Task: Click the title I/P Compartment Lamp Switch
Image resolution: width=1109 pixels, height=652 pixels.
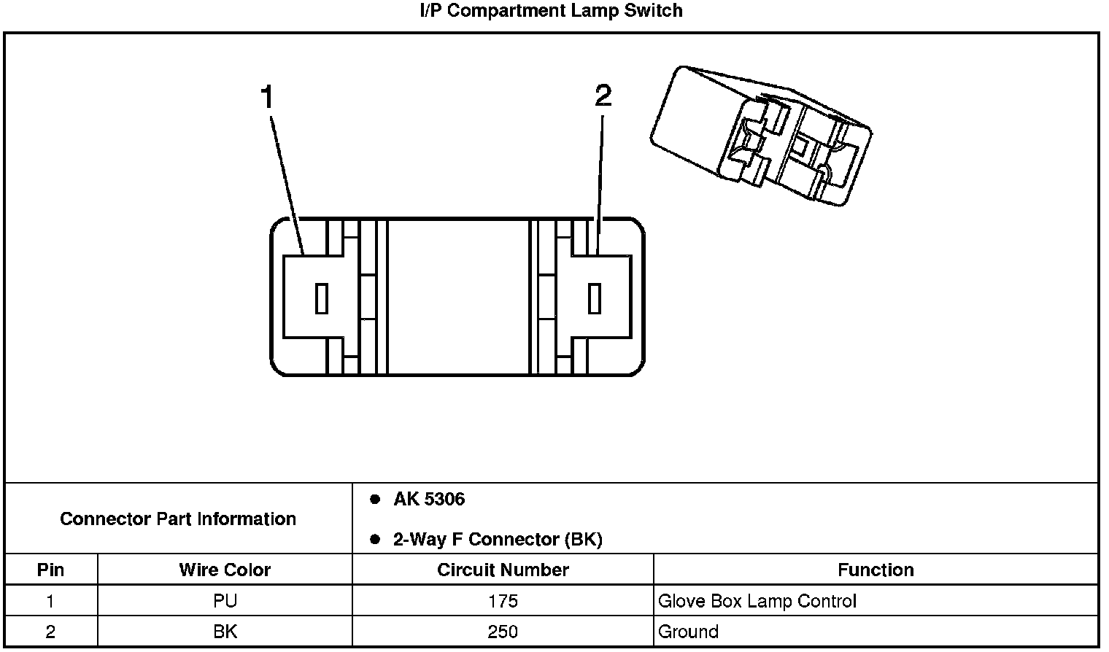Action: pyautogui.click(x=552, y=11)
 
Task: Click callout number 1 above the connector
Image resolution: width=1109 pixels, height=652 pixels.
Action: pyautogui.click(x=268, y=98)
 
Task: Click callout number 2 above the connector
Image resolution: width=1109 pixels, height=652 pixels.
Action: pyautogui.click(x=603, y=96)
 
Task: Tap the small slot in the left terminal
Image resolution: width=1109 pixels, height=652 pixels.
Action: pyautogui.click(x=321, y=299)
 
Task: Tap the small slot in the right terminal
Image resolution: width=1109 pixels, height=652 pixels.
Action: pyautogui.click(x=595, y=299)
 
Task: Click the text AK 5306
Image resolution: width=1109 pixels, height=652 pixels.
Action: pyautogui.click(x=429, y=500)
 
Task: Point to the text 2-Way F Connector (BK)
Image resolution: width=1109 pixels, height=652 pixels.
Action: pyautogui.click(x=498, y=540)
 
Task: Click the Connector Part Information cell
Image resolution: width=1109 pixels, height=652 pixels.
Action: pyautogui.click(x=178, y=519)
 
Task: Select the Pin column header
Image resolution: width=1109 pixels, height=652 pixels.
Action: pyautogui.click(x=50, y=570)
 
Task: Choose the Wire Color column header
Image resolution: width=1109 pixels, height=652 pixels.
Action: pyautogui.click(x=225, y=570)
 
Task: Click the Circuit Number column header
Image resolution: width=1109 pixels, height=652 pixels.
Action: pyautogui.click(x=503, y=570)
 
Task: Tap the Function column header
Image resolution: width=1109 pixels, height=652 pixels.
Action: pyautogui.click(x=876, y=570)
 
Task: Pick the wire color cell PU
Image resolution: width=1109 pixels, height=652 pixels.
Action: pyautogui.click(x=225, y=601)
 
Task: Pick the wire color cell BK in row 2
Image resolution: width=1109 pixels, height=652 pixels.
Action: pyautogui.click(x=225, y=632)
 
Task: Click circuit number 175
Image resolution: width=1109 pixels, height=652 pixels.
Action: pyautogui.click(x=503, y=601)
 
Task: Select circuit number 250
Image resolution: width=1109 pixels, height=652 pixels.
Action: pyautogui.click(x=503, y=632)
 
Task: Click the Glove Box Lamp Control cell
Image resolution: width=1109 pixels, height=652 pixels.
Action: pyautogui.click(x=757, y=601)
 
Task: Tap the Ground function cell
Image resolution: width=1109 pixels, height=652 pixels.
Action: pyautogui.click(x=688, y=632)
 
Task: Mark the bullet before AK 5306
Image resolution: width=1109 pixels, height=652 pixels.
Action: pyautogui.click(x=375, y=500)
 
